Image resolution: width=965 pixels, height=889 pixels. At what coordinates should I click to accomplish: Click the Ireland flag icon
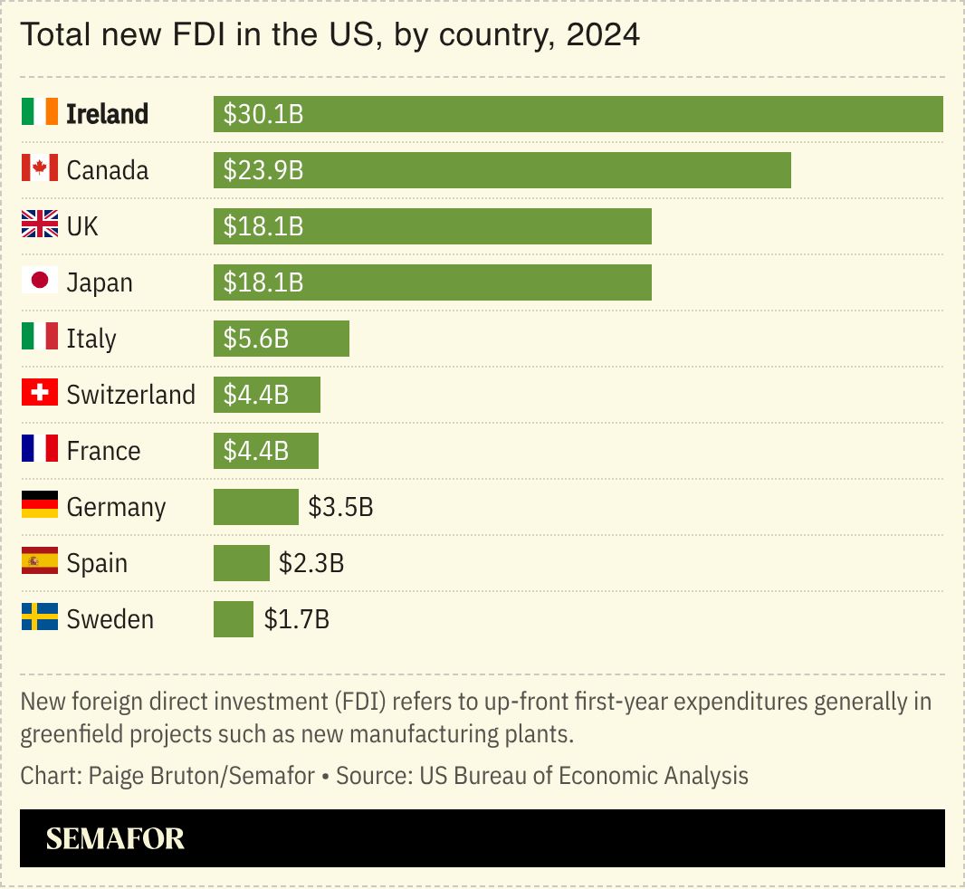click(x=40, y=113)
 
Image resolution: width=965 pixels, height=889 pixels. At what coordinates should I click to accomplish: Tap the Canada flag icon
click(x=40, y=169)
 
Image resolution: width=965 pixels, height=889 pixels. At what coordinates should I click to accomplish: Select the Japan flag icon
click(x=40, y=282)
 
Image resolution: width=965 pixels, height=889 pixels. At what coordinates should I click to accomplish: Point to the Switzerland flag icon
click(x=40, y=394)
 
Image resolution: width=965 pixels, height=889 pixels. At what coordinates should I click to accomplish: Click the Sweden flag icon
click(x=40, y=618)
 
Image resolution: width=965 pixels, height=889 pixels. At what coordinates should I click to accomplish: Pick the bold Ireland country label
click(x=108, y=114)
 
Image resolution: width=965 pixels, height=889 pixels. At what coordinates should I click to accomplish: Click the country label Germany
click(x=116, y=507)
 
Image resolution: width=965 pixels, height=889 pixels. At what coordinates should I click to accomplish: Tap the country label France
click(x=103, y=451)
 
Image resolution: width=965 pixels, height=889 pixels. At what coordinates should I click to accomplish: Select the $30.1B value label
click(x=263, y=114)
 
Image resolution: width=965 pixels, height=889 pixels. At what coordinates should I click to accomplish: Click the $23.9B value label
click(x=263, y=170)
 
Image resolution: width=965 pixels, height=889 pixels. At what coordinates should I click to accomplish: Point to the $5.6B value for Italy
click(x=256, y=339)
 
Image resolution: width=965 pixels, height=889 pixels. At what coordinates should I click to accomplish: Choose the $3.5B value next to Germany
click(x=340, y=507)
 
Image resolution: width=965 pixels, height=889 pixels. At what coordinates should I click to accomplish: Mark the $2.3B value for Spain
click(x=311, y=563)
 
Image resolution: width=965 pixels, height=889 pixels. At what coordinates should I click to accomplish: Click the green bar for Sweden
click(x=234, y=619)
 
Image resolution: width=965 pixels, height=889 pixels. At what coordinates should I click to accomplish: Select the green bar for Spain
click(x=242, y=563)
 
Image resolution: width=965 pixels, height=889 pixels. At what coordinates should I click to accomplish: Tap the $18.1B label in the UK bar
click(x=263, y=226)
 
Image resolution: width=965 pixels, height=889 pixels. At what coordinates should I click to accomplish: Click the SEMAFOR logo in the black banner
click(x=115, y=838)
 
